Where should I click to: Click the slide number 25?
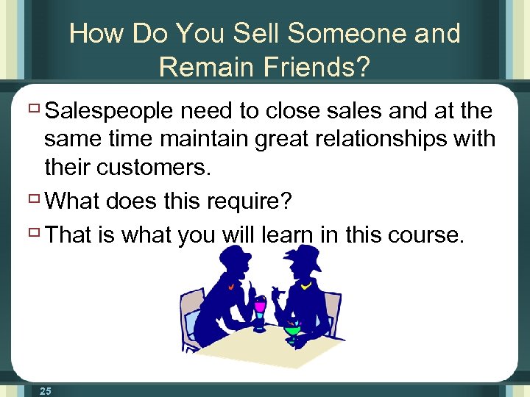[x=46, y=390]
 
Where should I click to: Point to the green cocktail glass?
[x=293, y=332]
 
